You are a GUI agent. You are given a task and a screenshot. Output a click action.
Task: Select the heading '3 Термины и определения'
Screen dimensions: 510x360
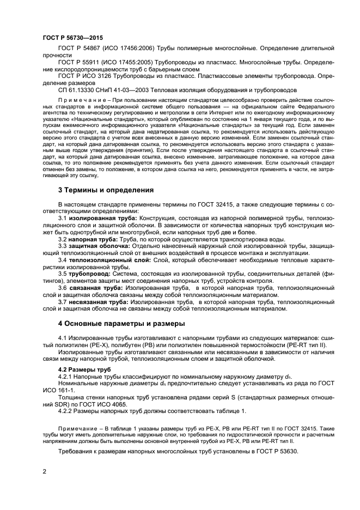(x=105, y=190)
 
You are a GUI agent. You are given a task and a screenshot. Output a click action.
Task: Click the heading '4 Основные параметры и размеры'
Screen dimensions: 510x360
(x=121, y=323)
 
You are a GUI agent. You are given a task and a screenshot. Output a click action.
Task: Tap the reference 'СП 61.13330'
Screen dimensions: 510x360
(x=78, y=89)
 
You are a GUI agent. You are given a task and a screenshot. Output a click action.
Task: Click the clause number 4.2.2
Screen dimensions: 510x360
(x=65, y=411)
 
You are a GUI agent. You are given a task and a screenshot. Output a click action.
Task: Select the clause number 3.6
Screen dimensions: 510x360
(x=63, y=288)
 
